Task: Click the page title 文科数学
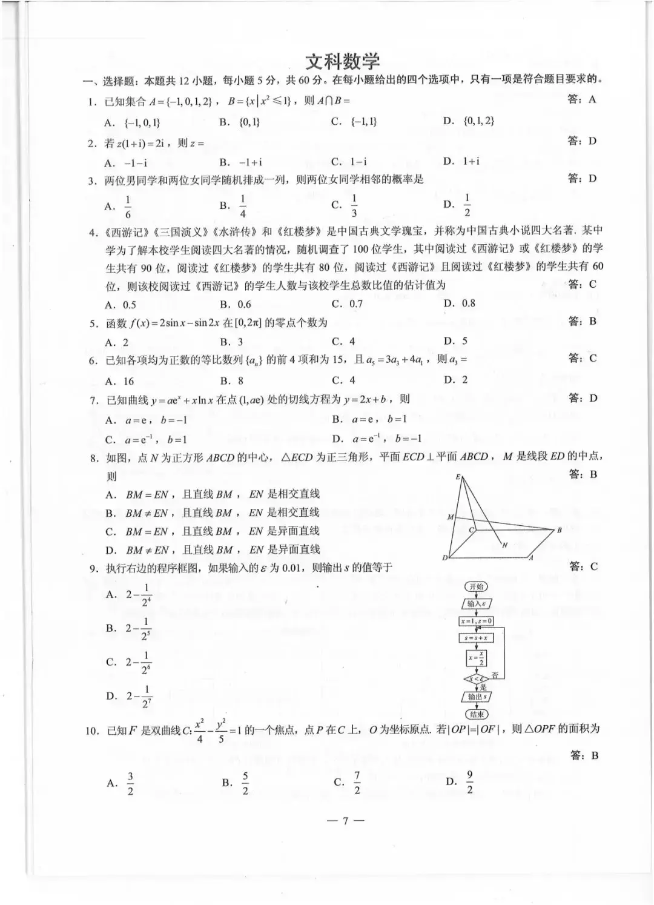pos(342,62)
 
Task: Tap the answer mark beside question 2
pos(582,141)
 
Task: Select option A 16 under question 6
pos(119,381)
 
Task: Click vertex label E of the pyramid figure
pos(458,477)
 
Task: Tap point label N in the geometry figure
pos(504,545)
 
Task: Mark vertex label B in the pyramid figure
pos(559,530)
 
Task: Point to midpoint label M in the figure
pos(451,517)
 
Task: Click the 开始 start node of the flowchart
pos(476,586)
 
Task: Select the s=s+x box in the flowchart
pos(476,638)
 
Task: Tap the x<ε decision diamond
pos(476,678)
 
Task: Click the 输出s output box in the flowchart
pos(476,697)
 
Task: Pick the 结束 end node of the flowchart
pos(476,714)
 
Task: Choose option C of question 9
pos(130,662)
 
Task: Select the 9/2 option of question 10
pos(461,782)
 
